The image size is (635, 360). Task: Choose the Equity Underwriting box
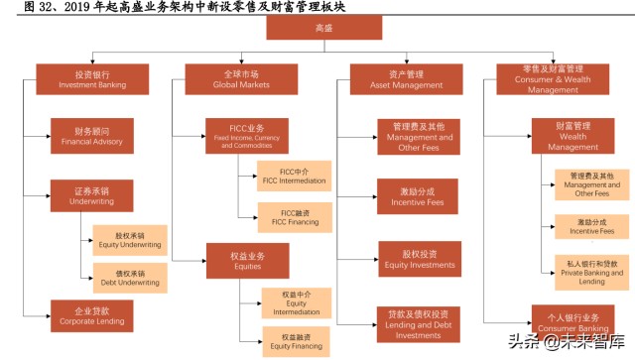coord(131,239)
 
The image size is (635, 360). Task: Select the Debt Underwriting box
coord(131,277)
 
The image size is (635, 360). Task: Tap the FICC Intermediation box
coord(295,176)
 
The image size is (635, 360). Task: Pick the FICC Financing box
coord(295,216)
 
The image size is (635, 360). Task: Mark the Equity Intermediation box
coord(295,302)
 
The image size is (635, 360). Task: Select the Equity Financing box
coord(295,339)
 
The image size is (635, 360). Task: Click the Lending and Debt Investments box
coord(417,322)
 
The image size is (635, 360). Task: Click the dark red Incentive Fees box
coord(417,194)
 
